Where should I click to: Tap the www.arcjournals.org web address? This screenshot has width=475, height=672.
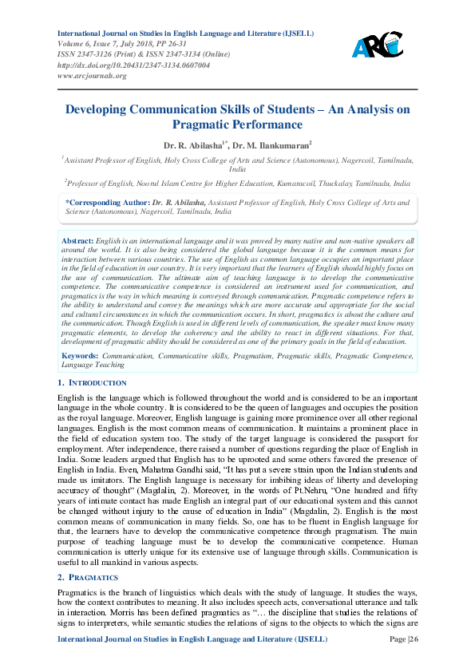(93, 75)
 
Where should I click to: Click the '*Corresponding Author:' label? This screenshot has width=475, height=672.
(101, 204)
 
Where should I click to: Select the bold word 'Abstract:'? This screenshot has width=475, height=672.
(77, 240)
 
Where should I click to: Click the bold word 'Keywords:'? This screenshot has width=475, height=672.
(80, 355)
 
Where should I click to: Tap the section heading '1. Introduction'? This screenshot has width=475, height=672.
(93, 383)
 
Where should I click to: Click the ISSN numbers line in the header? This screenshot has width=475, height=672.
(132, 55)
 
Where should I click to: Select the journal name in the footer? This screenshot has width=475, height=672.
(187, 661)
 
